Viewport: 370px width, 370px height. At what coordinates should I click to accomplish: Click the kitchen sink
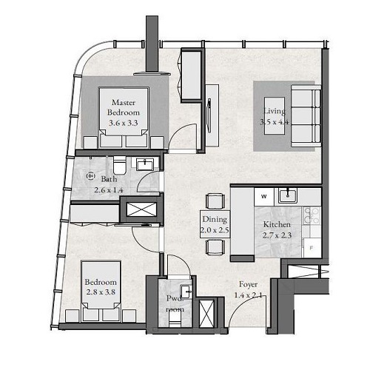point(286,196)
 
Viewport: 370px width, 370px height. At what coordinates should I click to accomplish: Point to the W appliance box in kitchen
point(263,196)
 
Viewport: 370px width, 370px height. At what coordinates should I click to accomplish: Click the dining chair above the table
point(214,200)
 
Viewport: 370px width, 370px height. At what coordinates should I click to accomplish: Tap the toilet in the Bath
point(119,164)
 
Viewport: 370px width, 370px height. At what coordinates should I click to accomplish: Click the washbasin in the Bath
point(146,164)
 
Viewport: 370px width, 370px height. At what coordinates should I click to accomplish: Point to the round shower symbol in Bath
point(90,176)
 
